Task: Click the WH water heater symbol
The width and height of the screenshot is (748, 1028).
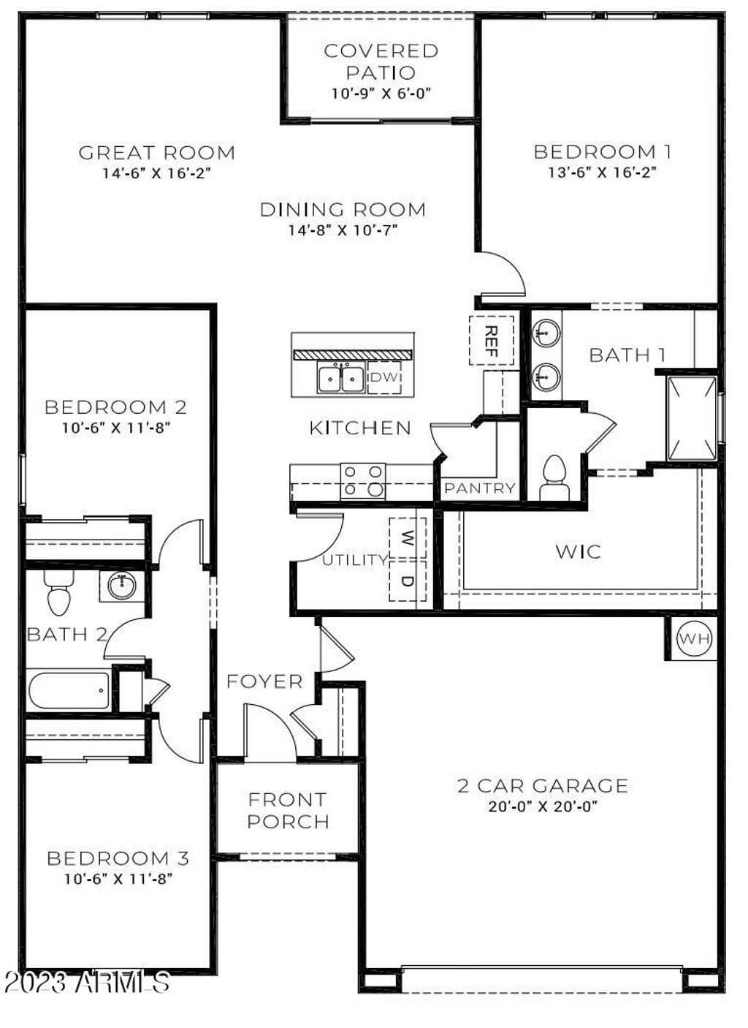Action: click(693, 639)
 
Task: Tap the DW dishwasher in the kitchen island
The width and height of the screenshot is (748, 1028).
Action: click(384, 377)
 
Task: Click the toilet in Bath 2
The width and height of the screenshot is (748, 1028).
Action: click(59, 592)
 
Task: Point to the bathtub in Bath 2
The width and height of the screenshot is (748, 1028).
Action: click(69, 690)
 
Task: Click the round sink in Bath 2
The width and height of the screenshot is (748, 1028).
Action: click(121, 585)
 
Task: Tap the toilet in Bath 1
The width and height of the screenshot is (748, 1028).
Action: click(554, 477)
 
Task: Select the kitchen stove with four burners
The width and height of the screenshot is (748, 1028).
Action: click(363, 481)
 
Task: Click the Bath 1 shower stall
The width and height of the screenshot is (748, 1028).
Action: click(691, 417)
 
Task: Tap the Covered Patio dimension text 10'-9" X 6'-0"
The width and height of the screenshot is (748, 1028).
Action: click(381, 94)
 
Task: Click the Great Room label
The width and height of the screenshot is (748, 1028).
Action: click(157, 153)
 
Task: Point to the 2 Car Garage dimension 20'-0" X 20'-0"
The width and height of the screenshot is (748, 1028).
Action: click(542, 807)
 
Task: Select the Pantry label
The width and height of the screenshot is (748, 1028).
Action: click(479, 488)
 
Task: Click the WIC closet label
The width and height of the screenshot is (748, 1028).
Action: click(578, 551)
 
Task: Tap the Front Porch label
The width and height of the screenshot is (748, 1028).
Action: click(288, 810)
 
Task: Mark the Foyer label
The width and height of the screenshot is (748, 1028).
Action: click(264, 681)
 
